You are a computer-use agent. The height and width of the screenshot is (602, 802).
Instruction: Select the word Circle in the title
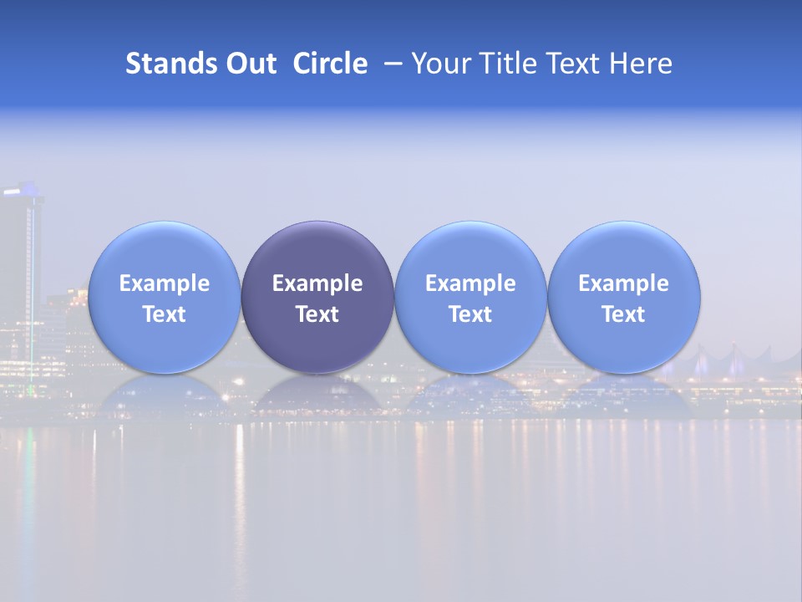330,64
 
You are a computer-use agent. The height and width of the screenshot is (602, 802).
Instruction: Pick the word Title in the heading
505,64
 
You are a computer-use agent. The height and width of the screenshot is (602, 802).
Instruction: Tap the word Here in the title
640,64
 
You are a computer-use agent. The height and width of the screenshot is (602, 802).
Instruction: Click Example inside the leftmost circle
165,283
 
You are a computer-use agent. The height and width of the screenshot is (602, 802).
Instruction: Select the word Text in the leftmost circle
165,314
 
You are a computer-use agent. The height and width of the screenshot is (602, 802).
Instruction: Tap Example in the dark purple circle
317,283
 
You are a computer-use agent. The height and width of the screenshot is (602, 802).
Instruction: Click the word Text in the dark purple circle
317,314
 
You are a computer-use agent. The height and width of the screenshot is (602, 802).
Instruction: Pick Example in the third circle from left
470,283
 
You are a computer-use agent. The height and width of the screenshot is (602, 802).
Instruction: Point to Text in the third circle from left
470,314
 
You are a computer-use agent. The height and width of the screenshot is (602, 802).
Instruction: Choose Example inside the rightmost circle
623,283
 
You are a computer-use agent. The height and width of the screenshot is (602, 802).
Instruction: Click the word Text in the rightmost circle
623,314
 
